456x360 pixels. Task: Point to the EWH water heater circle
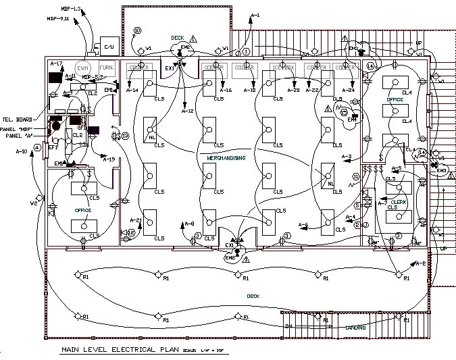pos(82,68)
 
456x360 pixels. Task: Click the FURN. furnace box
pos(107,68)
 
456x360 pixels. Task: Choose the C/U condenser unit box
pos(108,46)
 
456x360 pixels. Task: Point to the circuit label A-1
pos(255,15)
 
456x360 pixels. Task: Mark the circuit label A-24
pos(348,91)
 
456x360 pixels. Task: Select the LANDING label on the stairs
pos(355,328)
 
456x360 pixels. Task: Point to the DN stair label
pos(288,326)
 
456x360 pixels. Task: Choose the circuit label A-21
pos(134,220)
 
